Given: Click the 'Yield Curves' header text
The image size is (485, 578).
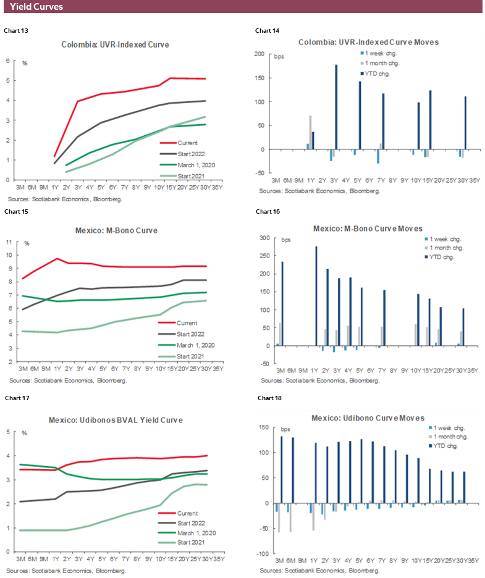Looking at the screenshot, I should [x=36, y=7].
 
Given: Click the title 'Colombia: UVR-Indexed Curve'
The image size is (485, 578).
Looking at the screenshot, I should [x=115, y=44].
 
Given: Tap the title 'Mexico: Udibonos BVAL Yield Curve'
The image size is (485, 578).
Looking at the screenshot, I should [x=116, y=420].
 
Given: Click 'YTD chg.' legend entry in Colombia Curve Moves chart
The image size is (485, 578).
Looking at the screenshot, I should [x=379, y=73].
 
